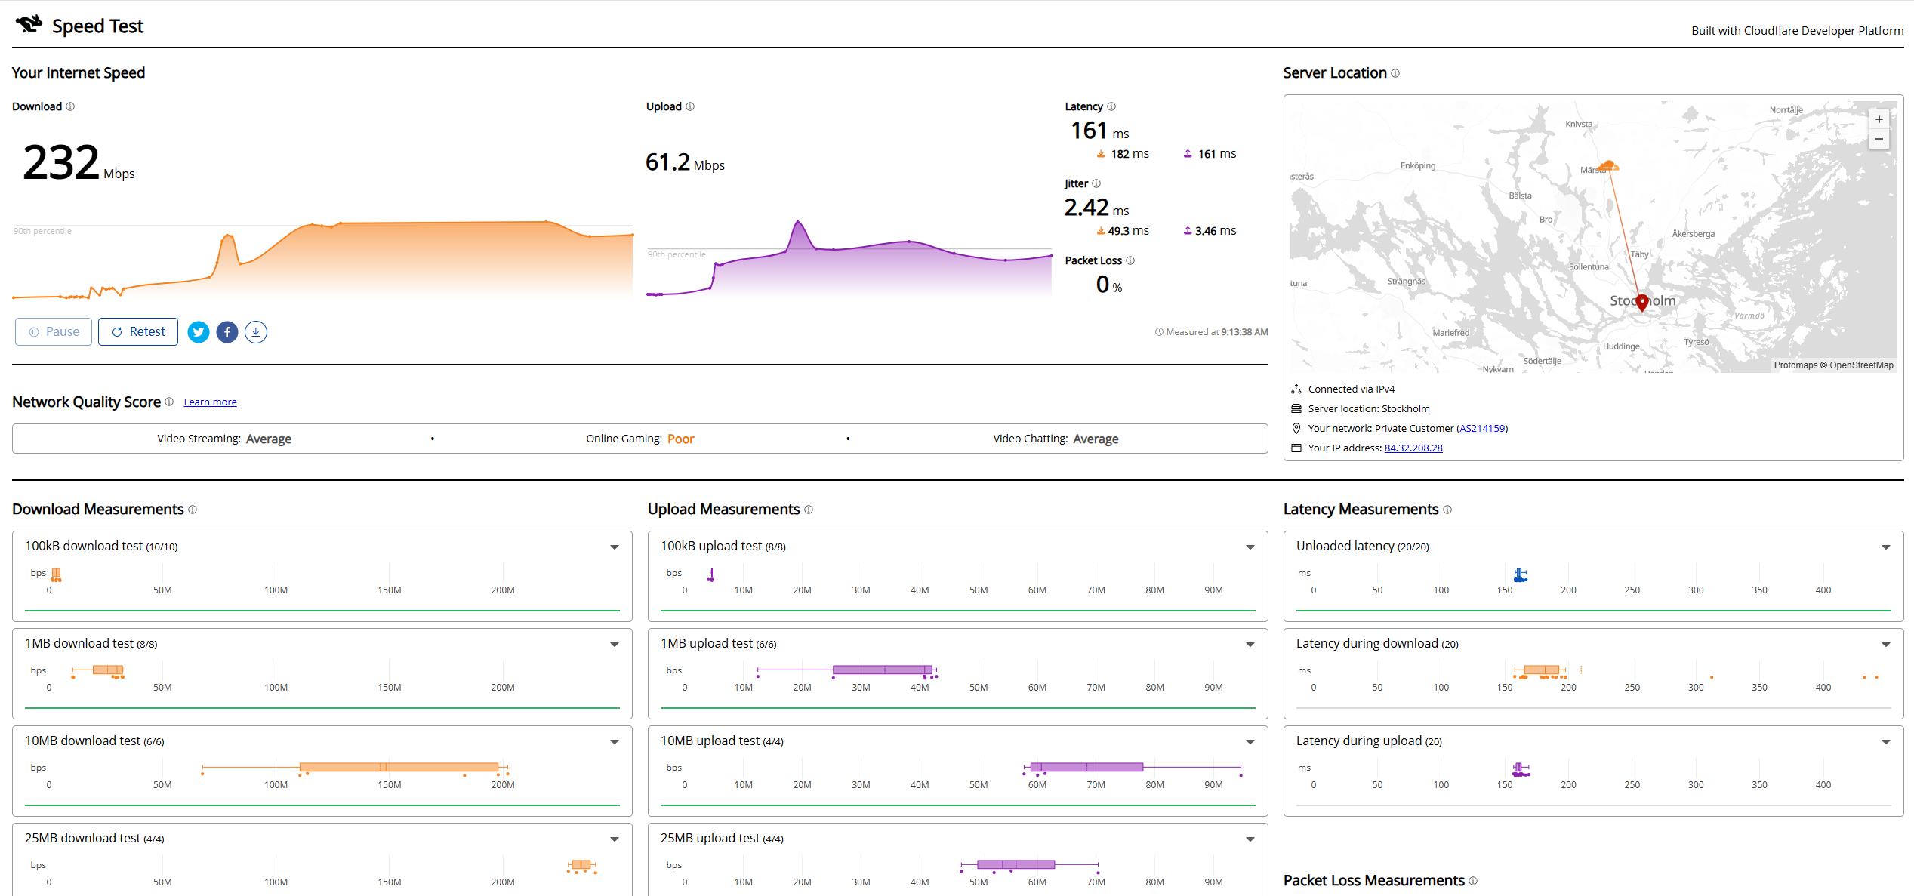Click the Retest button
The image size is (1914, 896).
[138, 332]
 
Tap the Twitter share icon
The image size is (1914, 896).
[199, 332]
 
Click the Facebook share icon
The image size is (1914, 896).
[227, 332]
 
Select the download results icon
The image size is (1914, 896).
[256, 332]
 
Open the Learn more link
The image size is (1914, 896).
[210, 402]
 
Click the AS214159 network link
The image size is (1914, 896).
[1482, 429]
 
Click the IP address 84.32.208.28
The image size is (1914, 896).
[1413, 448]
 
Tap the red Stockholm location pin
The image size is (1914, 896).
[1642, 303]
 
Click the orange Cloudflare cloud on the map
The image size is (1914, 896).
[1609, 165]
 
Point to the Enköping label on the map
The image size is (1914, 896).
[1418, 166]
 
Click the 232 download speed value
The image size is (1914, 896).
[61, 162]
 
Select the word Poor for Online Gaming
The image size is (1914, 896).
[680, 439]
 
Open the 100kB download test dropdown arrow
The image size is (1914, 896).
[615, 547]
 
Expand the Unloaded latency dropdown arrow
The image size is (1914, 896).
[1886, 547]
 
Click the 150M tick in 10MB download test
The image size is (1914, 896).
[390, 785]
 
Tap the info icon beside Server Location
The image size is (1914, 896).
[1395, 73]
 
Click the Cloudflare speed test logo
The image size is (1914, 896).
[29, 24]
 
